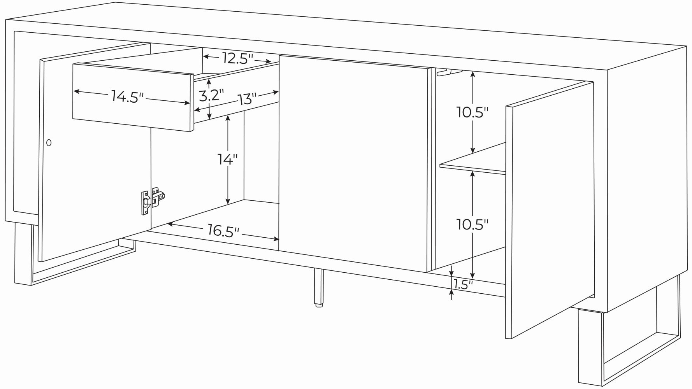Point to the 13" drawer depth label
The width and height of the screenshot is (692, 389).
click(248, 99)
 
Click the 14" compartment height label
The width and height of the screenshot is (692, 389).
click(227, 159)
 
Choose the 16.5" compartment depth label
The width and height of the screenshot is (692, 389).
click(223, 231)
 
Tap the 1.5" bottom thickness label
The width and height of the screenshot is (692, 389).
click(463, 285)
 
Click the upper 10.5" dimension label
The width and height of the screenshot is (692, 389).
click(472, 112)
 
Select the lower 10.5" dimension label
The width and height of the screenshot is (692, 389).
click(472, 224)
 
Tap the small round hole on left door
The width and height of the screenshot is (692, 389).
click(49, 143)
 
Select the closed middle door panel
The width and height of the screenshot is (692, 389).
click(354, 163)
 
